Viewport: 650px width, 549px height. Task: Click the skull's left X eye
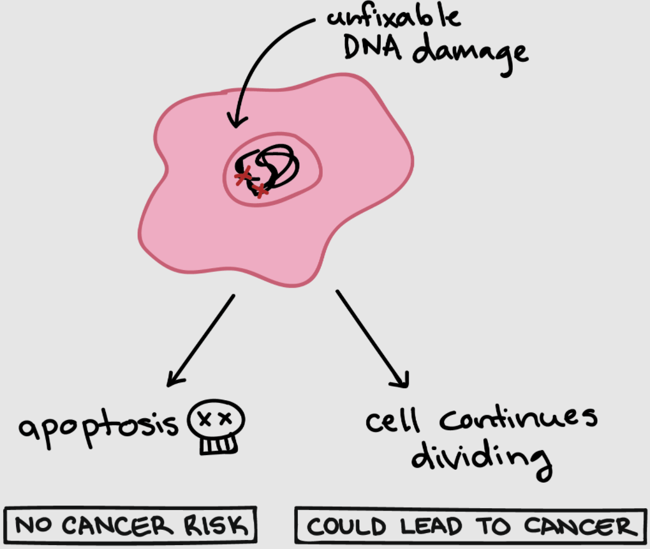tap(204, 419)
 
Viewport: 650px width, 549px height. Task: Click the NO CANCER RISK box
tap(130, 525)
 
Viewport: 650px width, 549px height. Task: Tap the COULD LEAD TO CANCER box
tap(471, 525)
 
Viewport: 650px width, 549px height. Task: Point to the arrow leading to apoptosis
tap(201, 341)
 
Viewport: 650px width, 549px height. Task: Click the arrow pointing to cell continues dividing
tap(373, 338)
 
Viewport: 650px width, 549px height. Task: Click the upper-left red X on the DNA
tap(243, 176)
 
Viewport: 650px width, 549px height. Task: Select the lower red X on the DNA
tap(260, 191)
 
